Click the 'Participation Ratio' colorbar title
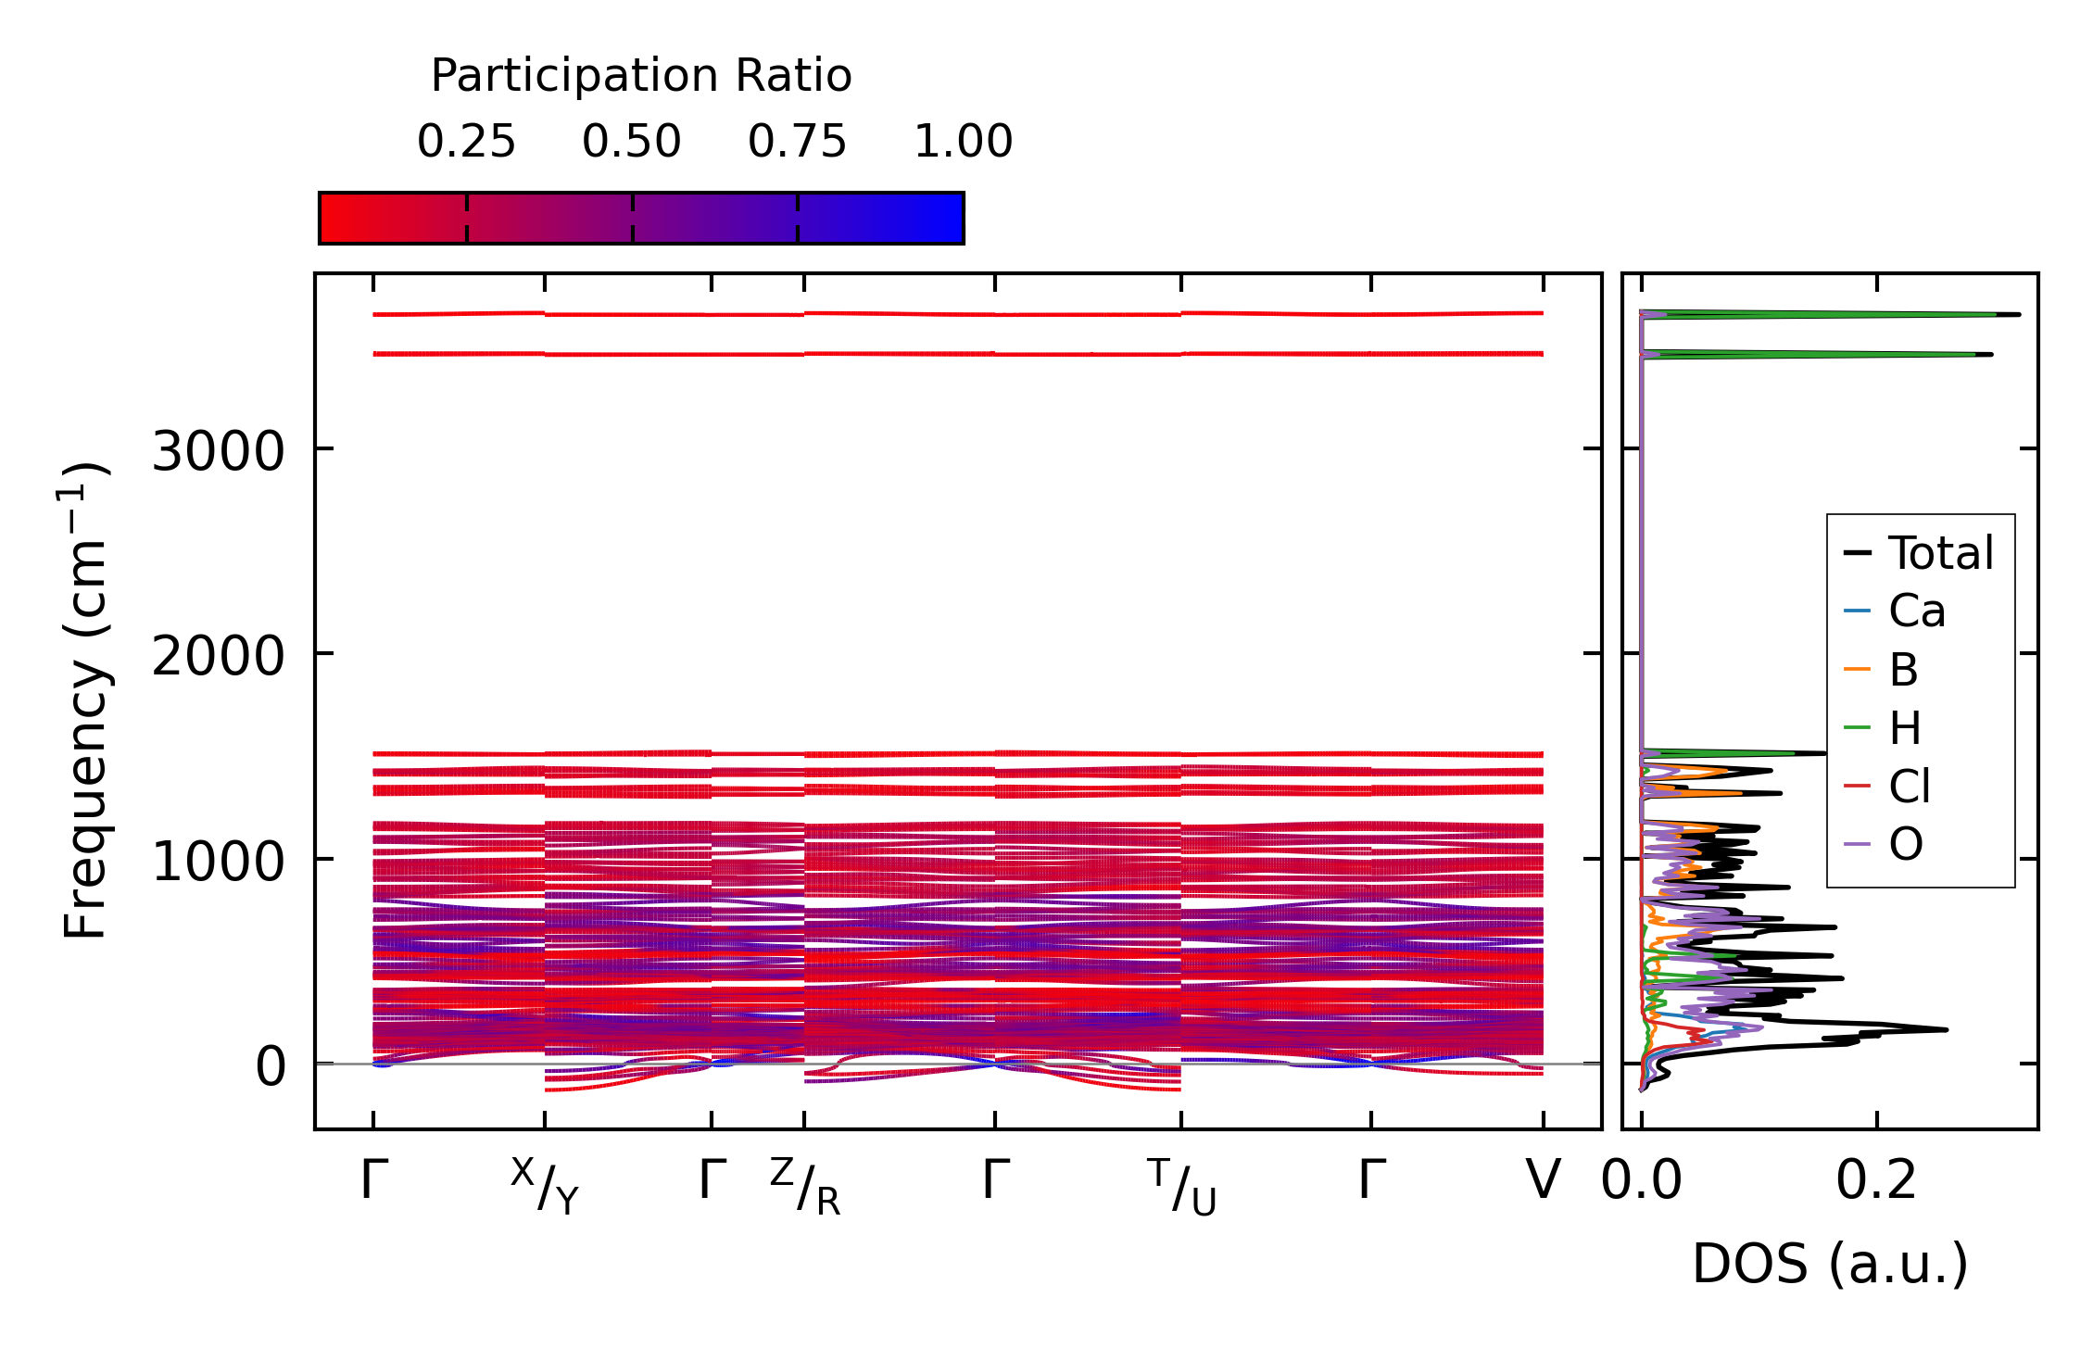tap(641, 76)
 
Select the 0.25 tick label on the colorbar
tap(466, 142)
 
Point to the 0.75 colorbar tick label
tap(797, 142)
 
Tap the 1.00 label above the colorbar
tap(963, 142)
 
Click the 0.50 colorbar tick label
tap(632, 142)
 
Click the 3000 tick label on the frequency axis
tap(217, 453)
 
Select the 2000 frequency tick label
tap(217, 658)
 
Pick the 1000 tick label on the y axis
tap(217, 863)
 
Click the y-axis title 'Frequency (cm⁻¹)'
tap(85, 700)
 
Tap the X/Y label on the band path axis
tap(545, 1186)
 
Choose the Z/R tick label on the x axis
tap(805, 1186)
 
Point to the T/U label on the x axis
tap(1181, 1186)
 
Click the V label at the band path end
tap(1543, 1180)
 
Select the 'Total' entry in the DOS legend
tap(1940, 553)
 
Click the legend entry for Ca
tap(1916, 611)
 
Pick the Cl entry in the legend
tap(1909, 787)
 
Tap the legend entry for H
tap(1905, 728)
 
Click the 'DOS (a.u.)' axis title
tap(1830, 1264)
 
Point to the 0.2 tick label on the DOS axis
tap(1876, 1180)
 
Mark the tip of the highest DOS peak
tap(2019, 315)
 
